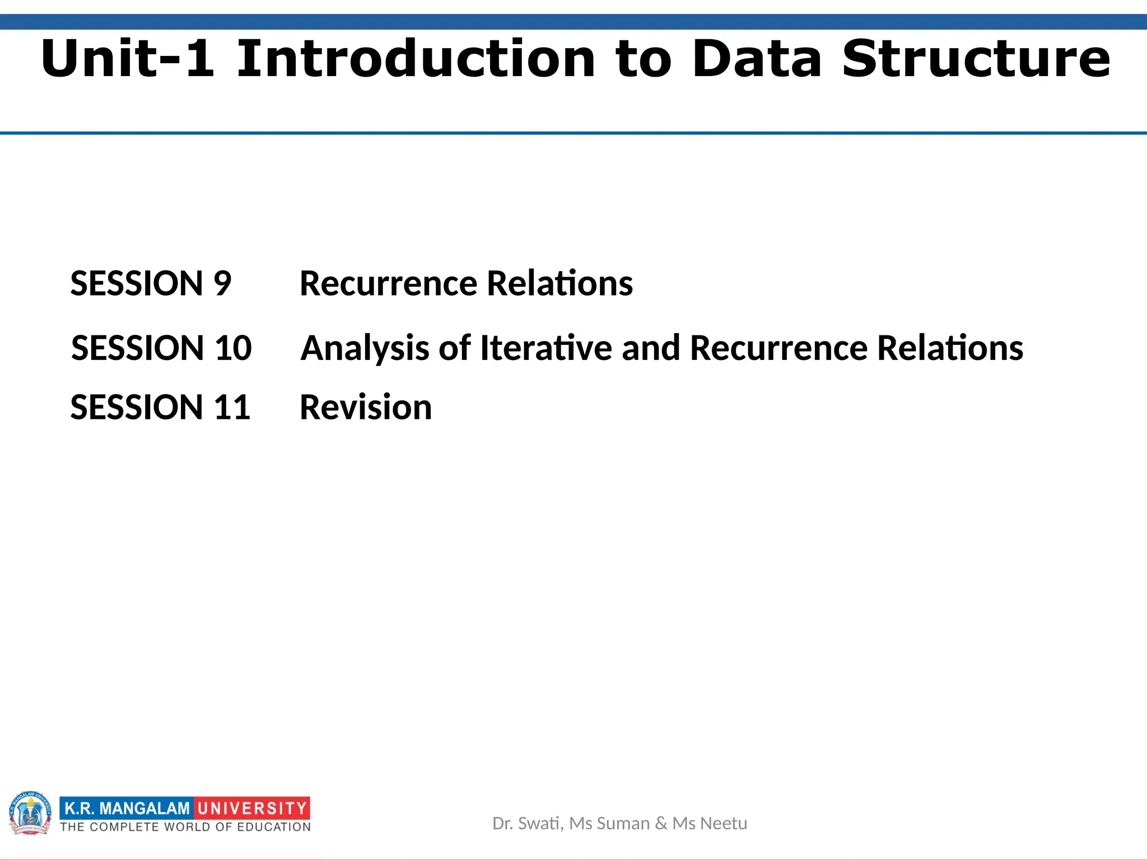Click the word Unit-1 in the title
(x=128, y=59)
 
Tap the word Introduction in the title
(x=416, y=59)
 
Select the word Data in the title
(x=757, y=59)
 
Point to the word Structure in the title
(x=976, y=59)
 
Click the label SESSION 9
(x=151, y=283)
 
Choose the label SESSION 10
(x=161, y=348)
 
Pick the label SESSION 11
(x=160, y=407)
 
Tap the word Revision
(x=366, y=407)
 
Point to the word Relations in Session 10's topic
(x=950, y=348)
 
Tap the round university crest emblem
(x=30, y=813)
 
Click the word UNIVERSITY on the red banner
(x=252, y=808)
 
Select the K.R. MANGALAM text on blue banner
(x=127, y=808)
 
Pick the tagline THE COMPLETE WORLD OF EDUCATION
(x=185, y=827)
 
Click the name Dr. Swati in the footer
(x=526, y=824)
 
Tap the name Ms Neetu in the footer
(x=710, y=824)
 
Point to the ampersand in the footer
(x=661, y=824)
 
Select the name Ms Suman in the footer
(x=609, y=824)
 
